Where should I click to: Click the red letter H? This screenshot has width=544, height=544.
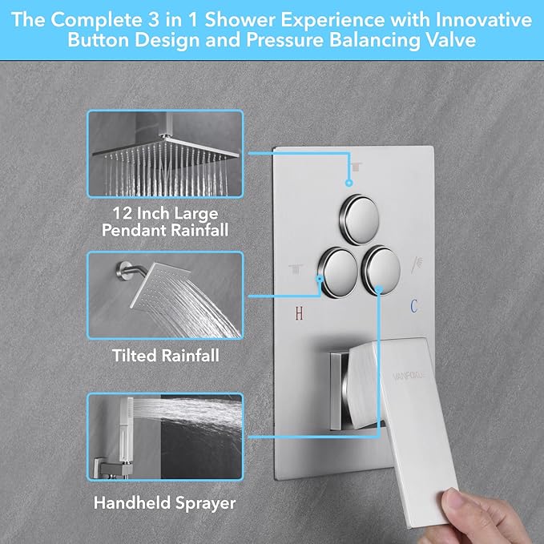(x=299, y=313)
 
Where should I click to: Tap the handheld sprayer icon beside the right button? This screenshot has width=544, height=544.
(x=417, y=262)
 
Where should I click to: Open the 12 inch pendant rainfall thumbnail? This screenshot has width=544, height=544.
(x=164, y=154)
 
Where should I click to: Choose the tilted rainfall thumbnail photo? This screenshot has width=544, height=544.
(x=164, y=296)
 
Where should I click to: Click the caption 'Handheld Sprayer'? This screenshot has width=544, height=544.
(x=164, y=504)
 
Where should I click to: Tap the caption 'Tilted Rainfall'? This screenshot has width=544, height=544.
(x=164, y=354)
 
